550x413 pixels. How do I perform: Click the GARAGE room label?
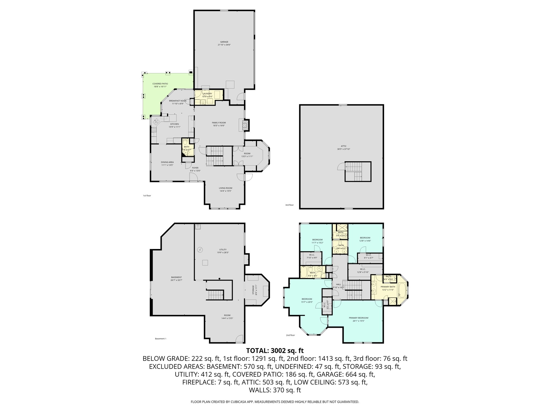tap(224, 42)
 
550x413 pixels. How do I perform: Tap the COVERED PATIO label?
tap(160, 84)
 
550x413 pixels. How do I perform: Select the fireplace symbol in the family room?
tap(244, 125)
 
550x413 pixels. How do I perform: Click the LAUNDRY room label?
tap(207, 94)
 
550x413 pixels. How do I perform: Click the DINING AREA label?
tap(167, 162)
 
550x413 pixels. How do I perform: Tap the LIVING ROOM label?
tap(225, 188)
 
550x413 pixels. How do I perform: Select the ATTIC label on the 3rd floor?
tap(342, 146)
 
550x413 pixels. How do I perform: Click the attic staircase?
tap(358, 172)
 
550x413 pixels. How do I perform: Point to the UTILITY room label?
tap(223, 250)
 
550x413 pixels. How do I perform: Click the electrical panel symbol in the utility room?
tap(200, 250)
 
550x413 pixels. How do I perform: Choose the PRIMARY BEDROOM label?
tap(359, 318)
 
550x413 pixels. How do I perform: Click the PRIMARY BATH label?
tap(388, 287)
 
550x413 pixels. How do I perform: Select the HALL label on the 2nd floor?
tap(338, 284)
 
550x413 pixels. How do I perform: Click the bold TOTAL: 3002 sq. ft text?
tap(275, 351)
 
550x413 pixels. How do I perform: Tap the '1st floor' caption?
tap(147, 195)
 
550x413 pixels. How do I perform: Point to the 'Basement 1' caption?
tap(161, 339)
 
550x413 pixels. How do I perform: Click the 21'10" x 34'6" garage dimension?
tap(224, 45)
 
